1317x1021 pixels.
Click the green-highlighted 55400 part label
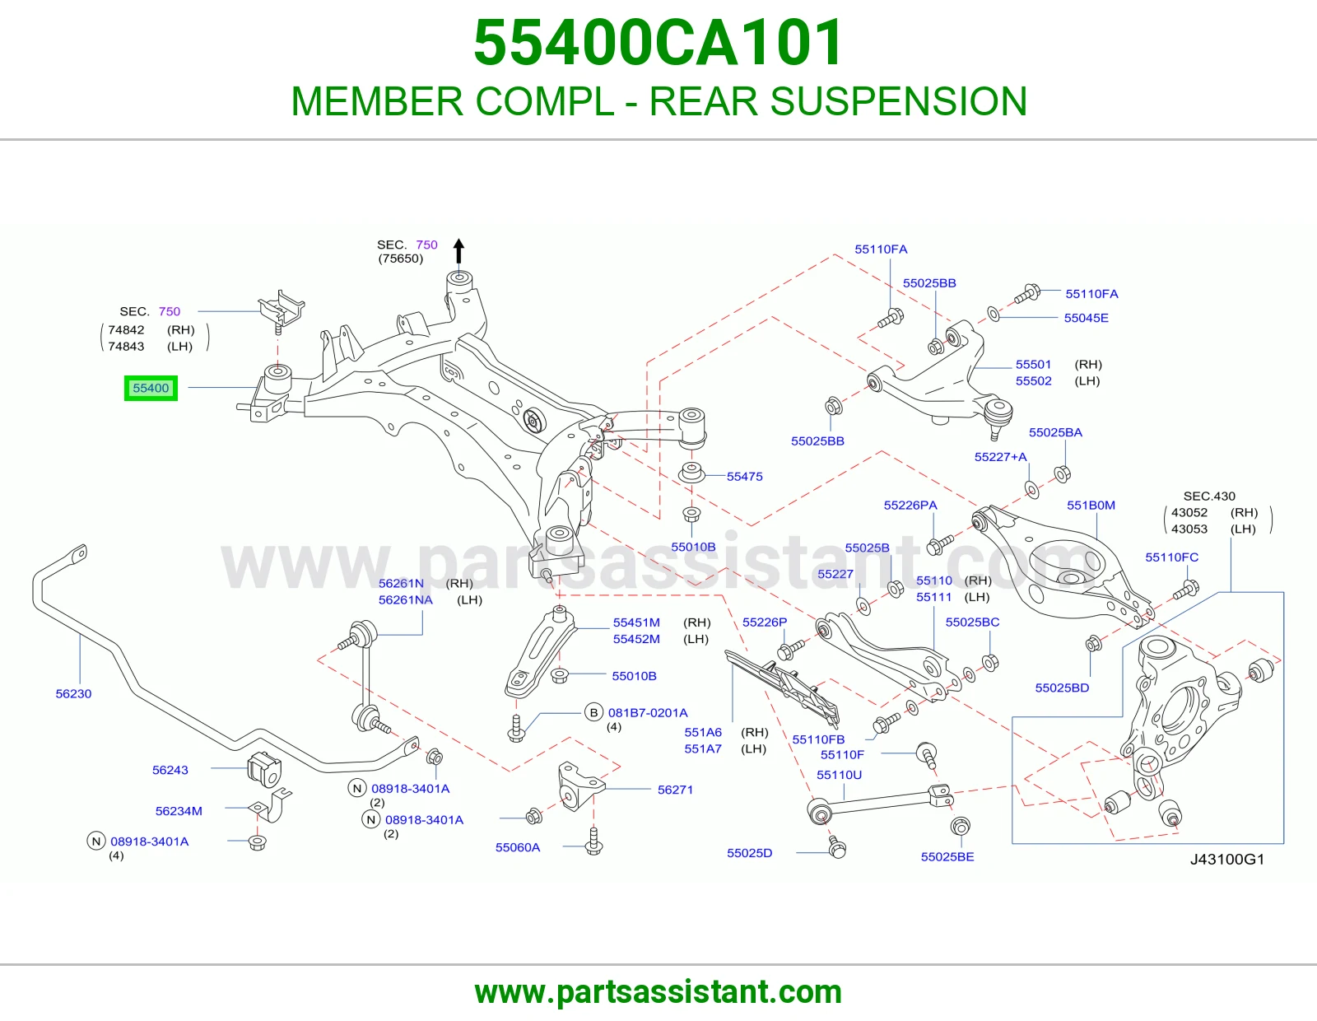pos(151,388)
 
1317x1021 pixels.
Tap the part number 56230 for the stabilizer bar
pos(73,693)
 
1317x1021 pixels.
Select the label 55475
pos(744,477)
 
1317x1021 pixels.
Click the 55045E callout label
pos(1086,318)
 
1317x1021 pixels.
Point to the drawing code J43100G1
pos(1227,859)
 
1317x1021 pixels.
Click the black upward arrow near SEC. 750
pos(458,252)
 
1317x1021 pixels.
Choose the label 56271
pos(675,790)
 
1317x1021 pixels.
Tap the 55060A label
pos(518,847)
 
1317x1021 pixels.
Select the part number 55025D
pos(750,853)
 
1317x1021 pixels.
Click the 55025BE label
pos(947,856)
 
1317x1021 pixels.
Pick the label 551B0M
pos(1091,505)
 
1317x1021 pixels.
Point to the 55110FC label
pos(1171,557)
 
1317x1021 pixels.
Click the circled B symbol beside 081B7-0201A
pos(594,712)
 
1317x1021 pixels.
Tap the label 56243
pos(170,770)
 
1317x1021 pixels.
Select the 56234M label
pos(179,810)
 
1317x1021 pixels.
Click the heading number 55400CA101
pos(658,43)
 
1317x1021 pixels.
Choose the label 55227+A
pos(1001,456)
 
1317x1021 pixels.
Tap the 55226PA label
pos(910,505)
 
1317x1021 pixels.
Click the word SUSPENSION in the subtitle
pos(898,101)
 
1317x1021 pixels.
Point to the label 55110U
pos(839,775)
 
